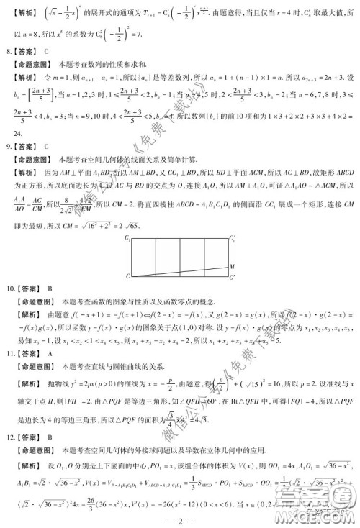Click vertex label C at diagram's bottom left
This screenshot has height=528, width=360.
128,277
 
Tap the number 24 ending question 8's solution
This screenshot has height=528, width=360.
19,134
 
